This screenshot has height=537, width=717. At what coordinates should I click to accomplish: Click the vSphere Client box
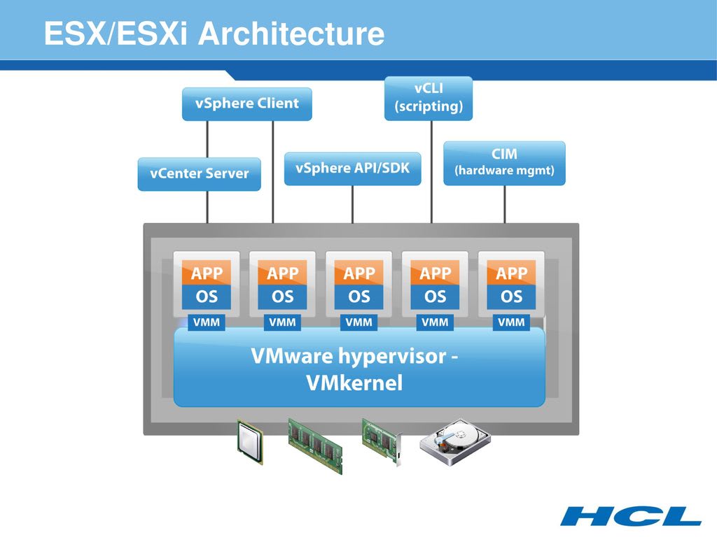coord(246,103)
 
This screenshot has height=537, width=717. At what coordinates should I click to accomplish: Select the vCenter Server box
coord(199,173)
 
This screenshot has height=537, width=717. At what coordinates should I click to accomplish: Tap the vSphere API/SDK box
coord(352,169)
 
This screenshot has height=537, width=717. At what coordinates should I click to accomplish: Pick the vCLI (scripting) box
coord(429,98)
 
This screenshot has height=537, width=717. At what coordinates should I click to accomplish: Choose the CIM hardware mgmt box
coord(504,163)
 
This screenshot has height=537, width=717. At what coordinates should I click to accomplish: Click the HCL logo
coord(630,516)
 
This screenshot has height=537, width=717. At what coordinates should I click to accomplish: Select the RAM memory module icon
coord(316,445)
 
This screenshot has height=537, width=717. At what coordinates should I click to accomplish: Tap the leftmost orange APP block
coord(207,273)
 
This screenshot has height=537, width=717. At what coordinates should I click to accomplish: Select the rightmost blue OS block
coord(511,296)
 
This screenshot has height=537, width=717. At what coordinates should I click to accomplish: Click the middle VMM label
coord(358,322)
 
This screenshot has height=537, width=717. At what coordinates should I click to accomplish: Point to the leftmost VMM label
coord(206,322)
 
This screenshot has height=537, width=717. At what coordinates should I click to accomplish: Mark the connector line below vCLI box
coord(431,171)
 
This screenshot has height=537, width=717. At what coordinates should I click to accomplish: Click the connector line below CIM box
coord(505,204)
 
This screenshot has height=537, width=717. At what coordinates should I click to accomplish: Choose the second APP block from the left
coord(283,273)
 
